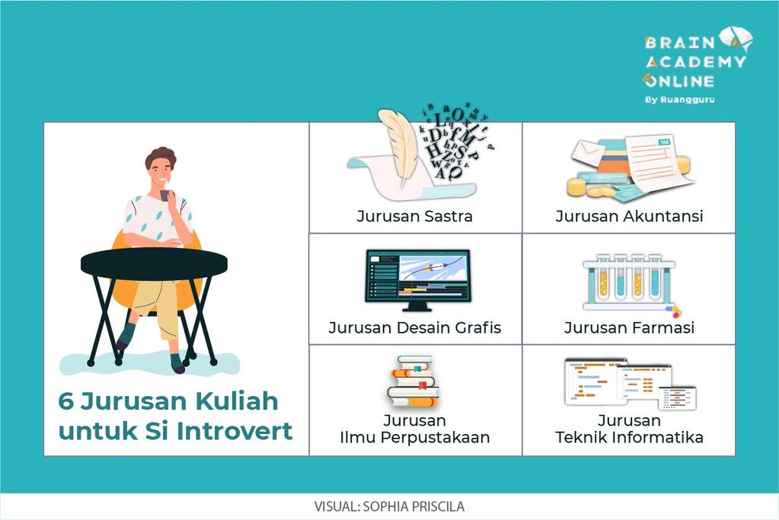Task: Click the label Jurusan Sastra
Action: (414, 216)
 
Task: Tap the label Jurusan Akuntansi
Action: (629, 216)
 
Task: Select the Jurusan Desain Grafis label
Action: (414, 328)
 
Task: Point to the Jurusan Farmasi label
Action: (629, 328)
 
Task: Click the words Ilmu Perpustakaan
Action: (414, 438)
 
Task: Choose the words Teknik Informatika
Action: (629, 438)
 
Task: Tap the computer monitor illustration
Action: (417, 280)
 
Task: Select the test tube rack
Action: (629, 283)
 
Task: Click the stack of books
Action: (413, 381)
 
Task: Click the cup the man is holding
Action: (164, 196)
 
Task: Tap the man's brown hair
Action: (161, 156)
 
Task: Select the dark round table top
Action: (154, 263)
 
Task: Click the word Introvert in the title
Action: (235, 431)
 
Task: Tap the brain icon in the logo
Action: (736, 39)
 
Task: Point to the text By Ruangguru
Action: (680, 100)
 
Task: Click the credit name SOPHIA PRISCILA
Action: (413, 506)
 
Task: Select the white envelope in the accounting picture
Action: (587, 152)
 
